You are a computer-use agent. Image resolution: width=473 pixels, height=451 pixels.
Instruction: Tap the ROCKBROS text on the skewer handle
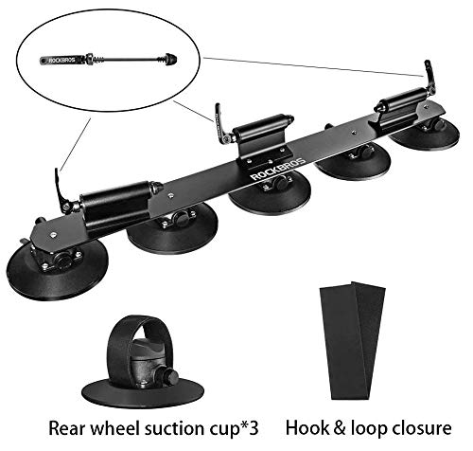[58, 61]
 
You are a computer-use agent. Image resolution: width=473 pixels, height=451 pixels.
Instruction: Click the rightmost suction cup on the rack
[424, 133]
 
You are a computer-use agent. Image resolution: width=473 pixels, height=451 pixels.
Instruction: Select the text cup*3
[249, 426]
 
